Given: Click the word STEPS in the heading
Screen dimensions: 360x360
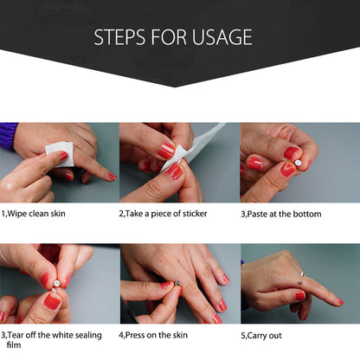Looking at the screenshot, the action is tap(119, 37).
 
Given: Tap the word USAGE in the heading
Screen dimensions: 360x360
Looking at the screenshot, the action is tap(222, 37).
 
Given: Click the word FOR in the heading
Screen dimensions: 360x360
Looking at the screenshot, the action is tap(169, 37).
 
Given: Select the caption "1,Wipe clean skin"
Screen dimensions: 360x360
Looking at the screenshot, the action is tap(34, 214).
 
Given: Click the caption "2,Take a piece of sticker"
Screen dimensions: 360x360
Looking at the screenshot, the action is tap(163, 214).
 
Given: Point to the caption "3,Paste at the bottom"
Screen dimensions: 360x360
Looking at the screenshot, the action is tap(281, 214).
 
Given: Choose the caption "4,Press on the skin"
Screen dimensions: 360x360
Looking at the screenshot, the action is tap(153, 335).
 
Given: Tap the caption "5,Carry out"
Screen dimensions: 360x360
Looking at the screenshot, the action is tap(261, 336).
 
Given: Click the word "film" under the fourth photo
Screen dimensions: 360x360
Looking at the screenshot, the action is tap(14, 344).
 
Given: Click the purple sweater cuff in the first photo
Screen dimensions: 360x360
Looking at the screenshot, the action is tap(8, 136).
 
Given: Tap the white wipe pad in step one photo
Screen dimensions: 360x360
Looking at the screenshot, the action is tap(60, 154).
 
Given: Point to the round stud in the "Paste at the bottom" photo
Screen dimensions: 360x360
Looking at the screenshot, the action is tap(298, 163).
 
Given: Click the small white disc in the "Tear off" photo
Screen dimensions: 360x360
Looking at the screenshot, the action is tap(56, 284).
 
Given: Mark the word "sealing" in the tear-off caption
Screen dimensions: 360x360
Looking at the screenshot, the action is tap(88, 336).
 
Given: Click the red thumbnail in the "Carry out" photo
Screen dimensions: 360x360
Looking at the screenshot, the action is tap(300, 295).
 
